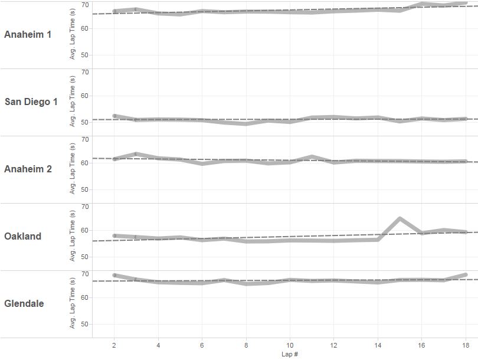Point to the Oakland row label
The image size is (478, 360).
click(x=23, y=236)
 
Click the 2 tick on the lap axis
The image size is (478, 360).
click(x=114, y=344)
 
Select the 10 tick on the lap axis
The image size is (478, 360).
click(x=290, y=344)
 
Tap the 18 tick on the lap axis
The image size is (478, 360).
click(x=466, y=344)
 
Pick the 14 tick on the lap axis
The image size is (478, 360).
click(x=378, y=344)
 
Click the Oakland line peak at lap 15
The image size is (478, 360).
click(x=400, y=219)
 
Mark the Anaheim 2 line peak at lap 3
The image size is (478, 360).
click(x=136, y=154)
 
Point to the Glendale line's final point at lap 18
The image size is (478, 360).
click(x=466, y=274)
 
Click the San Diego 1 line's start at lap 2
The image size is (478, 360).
click(x=114, y=116)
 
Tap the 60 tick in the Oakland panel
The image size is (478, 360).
click(x=85, y=230)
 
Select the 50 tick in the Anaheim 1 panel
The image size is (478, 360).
click(x=85, y=55)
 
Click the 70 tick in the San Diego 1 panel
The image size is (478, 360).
click(x=85, y=72)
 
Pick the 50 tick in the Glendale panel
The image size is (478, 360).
click(x=85, y=324)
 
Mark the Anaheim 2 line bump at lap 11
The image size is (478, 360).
click(x=312, y=156)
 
